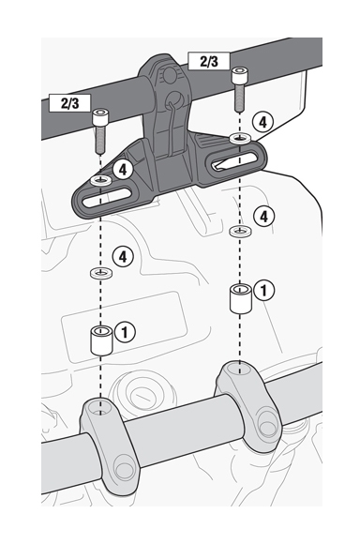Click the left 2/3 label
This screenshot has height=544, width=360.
(64, 102)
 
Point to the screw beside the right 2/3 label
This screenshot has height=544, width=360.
(241, 90)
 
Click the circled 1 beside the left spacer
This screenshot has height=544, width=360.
(127, 331)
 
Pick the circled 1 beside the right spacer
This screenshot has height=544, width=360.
(265, 291)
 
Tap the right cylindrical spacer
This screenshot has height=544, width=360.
(241, 297)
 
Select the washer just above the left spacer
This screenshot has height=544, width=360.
(100, 272)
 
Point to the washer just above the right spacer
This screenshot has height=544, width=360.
(241, 229)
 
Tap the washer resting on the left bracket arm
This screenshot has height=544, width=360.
(100, 177)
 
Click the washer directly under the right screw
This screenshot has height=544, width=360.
(241, 138)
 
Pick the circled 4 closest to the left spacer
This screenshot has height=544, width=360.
(120, 255)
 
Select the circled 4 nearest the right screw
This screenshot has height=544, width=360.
(263, 121)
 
